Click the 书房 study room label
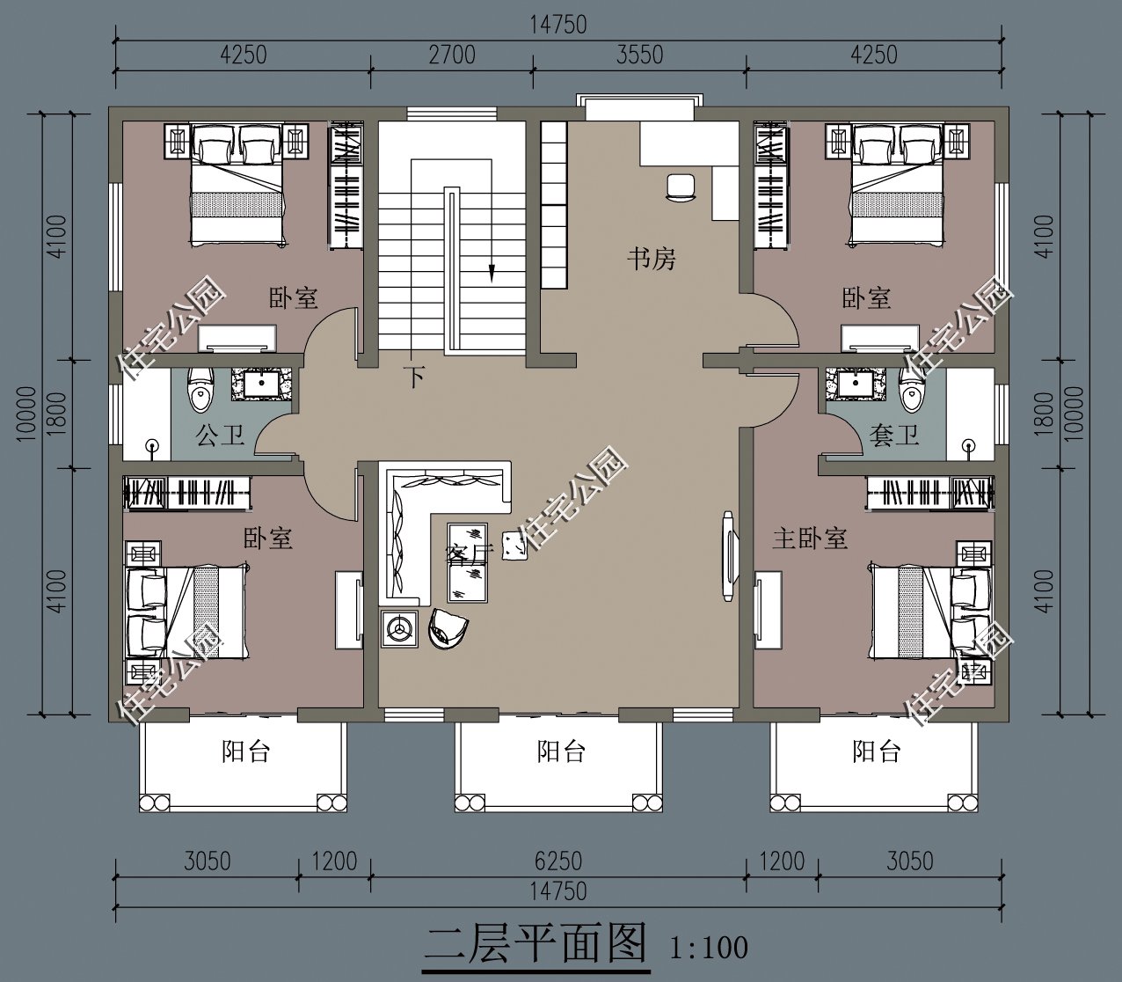[x=652, y=259]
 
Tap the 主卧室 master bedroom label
[x=810, y=539]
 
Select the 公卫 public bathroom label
[x=219, y=436]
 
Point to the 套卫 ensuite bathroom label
[x=894, y=436]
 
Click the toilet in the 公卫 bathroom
[x=200, y=390]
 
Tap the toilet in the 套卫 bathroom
[x=912, y=390]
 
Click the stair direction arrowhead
[x=492, y=273]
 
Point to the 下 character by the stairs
[x=414, y=377]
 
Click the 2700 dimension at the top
[x=452, y=55]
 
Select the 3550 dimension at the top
[x=640, y=55]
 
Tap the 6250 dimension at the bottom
[x=558, y=861]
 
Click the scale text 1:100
[x=709, y=947]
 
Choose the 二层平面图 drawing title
[x=535, y=943]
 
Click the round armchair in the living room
[x=448, y=628]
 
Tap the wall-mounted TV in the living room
[x=728, y=556]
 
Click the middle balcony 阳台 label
[x=561, y=751]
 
